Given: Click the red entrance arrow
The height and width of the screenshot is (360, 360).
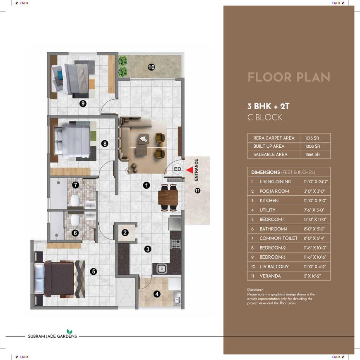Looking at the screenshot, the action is (x=189, y=170).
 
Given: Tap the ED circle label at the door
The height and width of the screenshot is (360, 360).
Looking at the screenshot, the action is (x=178, y=169).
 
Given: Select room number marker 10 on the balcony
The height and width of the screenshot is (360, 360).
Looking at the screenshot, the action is (x=151, y=67).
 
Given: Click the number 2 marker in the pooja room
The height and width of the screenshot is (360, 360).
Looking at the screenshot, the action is (x=125, y=233).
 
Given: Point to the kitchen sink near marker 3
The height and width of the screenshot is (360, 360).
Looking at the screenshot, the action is (x=162, y=269).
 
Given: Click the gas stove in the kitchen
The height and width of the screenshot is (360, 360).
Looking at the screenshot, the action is (x=176, y=244).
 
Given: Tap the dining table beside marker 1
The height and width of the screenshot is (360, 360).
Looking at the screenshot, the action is (x=168, y=197).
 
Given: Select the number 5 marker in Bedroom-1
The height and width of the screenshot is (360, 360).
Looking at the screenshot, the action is (x=94, y=271).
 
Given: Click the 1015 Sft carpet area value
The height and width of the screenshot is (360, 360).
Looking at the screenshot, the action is (x=312, y=138).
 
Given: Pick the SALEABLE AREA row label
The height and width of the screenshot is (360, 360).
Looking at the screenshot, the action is (x=270, y=154).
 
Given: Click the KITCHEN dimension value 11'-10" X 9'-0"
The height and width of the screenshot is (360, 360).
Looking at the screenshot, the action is (x=315, y=200).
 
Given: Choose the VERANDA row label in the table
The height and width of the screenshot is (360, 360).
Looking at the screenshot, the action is (x=270, y=276).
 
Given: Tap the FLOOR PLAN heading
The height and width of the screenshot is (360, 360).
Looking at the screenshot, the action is (x=289, y=77).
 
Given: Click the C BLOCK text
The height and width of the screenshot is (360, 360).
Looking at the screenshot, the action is (x=265, y=118).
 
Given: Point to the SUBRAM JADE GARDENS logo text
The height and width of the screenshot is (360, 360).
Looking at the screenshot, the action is (x=53, y=336).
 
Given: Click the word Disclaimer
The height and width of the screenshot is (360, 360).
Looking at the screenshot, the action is (x=255, y=290).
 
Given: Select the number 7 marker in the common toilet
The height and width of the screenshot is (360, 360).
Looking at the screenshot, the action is (x=76, y=185).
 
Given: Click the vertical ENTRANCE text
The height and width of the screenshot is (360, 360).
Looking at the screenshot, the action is (x=196, y=170).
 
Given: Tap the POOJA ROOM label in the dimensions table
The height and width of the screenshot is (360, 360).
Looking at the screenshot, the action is (x=274, y=191).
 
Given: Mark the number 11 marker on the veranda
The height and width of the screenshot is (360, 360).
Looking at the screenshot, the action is (x=197, y=191).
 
